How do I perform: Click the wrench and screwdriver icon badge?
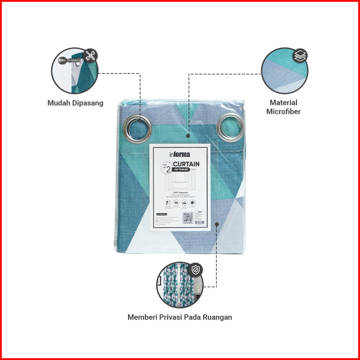click(x=90, y=56)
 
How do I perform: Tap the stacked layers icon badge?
click(x=300, y=56)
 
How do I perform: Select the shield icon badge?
click(x=195, y=270)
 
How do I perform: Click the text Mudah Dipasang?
click(x=76, y=103)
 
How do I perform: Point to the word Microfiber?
click(x=283, y=112)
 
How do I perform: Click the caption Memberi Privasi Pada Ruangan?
click(x=180, y=317)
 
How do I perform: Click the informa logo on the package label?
click(x=180, y=154)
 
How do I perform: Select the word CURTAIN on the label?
click(x=186, y=164)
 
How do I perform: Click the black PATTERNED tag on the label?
click(x=181, y=170)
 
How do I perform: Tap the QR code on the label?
click(x=187, y=217)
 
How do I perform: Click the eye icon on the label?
click(x=176, y=202)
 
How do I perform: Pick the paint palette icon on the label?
click(x=193, y=202)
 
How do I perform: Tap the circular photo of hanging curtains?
click(x=180, y=285)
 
